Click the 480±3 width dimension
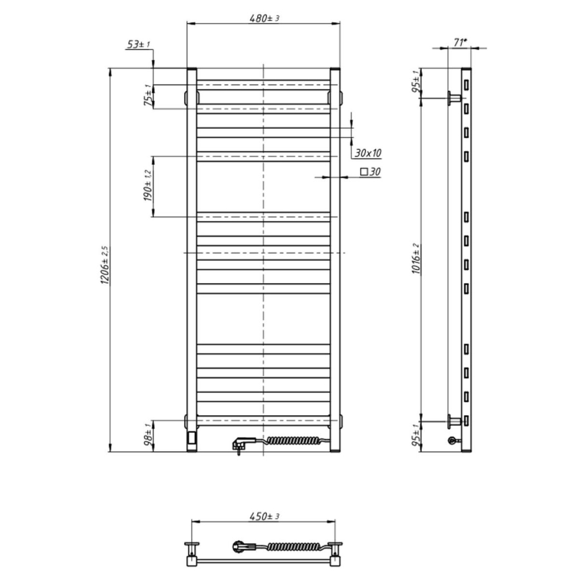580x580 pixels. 265,18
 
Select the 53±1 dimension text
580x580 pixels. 138,45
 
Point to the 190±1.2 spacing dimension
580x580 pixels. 148,186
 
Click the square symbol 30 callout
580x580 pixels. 369,172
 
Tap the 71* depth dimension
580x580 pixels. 460,42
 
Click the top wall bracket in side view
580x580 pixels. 454,99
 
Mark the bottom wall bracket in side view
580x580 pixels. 454,421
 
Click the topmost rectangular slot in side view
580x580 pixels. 466,84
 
